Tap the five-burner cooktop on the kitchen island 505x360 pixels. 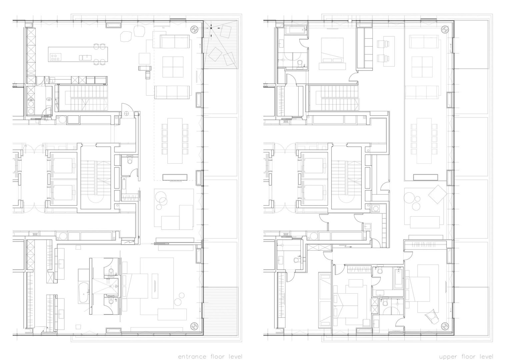[55, 57]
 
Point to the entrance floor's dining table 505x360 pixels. [175, 141]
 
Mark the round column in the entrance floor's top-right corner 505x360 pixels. [194, 29]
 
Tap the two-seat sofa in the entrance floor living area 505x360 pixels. [174, 41]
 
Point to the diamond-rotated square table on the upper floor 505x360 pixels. [437, 194]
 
